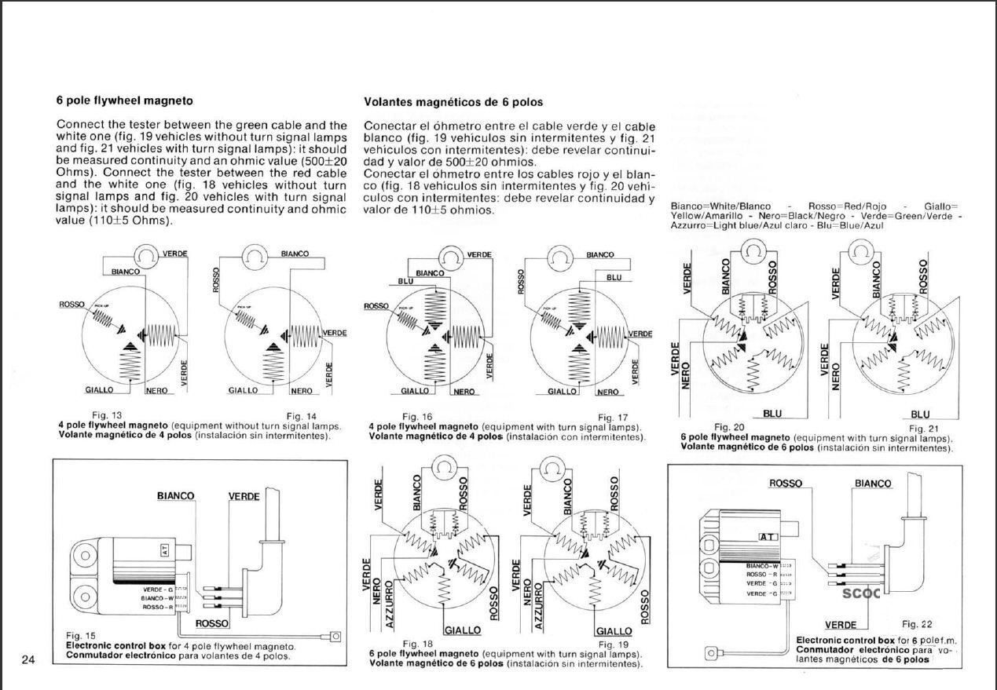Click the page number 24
point(28,659)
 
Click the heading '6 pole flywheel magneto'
point(124,100)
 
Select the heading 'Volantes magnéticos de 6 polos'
point(453,102)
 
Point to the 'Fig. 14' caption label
point(302,415)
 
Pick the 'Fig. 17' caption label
point(613,417)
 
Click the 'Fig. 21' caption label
point(924,429)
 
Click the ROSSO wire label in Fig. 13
point(71,304)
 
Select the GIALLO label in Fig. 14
point(243,390)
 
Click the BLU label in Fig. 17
point(614,277)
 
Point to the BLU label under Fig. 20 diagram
point(772,414)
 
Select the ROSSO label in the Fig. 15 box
point(211,624)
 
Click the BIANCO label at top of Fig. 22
point(873,484)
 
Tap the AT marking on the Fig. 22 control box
point(767,537)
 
